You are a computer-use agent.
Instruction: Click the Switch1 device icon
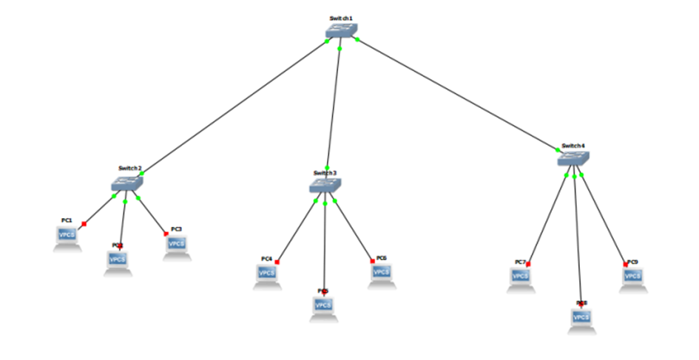341,30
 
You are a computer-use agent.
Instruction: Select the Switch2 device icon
127,183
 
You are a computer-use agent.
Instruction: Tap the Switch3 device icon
325,186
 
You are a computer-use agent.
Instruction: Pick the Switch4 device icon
573,159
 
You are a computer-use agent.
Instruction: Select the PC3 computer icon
175,245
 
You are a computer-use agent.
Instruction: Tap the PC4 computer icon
268,274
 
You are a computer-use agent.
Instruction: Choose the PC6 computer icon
380,273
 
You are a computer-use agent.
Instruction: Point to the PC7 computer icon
521,277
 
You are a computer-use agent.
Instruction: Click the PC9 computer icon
632,277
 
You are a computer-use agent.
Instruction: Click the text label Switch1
341,18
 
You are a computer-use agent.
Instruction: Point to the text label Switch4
573,146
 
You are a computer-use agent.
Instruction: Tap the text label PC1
67,220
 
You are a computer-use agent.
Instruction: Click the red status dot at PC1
84,224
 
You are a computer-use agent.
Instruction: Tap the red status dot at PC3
166,234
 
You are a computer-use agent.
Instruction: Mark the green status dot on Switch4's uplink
558,150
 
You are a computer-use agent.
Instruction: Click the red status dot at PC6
371,261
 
